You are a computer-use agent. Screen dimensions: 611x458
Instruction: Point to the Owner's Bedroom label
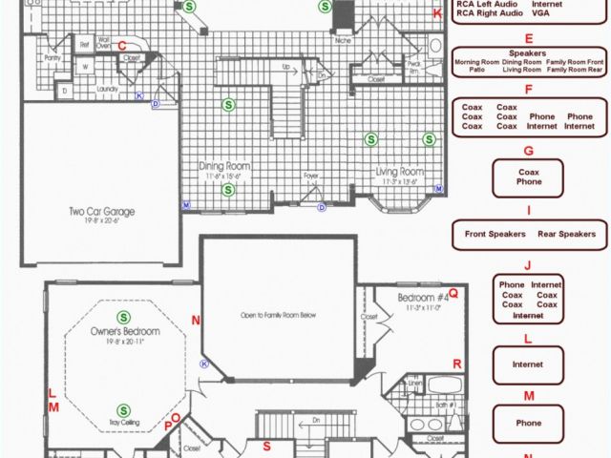tap(124, 331)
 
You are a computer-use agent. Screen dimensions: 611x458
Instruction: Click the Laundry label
tap(105, 89)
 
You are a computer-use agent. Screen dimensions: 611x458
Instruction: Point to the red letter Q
tap(453, 294)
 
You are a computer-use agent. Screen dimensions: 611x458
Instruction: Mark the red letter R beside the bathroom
tap(457, 364)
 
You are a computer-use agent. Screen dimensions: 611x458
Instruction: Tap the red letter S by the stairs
tap(267, 446)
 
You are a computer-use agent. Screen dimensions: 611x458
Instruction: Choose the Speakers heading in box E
tap(527, 53)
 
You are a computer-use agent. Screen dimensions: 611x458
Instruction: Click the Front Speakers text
tap(495, 234)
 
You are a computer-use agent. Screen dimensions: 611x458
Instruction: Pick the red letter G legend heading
tap(528, 151)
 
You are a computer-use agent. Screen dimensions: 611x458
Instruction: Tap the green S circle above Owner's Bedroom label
tap(123, 317)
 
